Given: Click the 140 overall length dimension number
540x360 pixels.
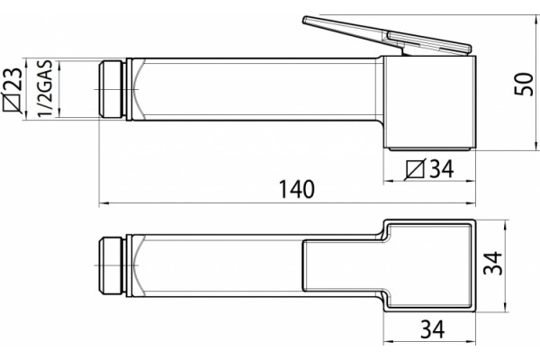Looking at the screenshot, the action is pos(296,189).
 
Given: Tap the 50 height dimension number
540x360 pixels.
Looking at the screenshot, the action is pos(524,84).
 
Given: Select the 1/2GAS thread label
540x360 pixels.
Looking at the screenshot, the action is pos(46,89).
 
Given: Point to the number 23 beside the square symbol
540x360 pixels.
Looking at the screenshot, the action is pos(13,79).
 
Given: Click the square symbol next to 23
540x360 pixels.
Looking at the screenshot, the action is pos(13,103).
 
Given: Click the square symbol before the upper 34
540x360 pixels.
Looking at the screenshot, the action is pos(416,169).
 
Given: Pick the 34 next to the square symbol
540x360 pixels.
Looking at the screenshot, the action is pos(442,168).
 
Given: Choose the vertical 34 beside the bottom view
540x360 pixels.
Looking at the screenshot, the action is pos(493,263).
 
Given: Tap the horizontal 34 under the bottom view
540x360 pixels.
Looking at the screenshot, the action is pos(433,329).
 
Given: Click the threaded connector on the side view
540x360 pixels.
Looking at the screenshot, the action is pos(112,90).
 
